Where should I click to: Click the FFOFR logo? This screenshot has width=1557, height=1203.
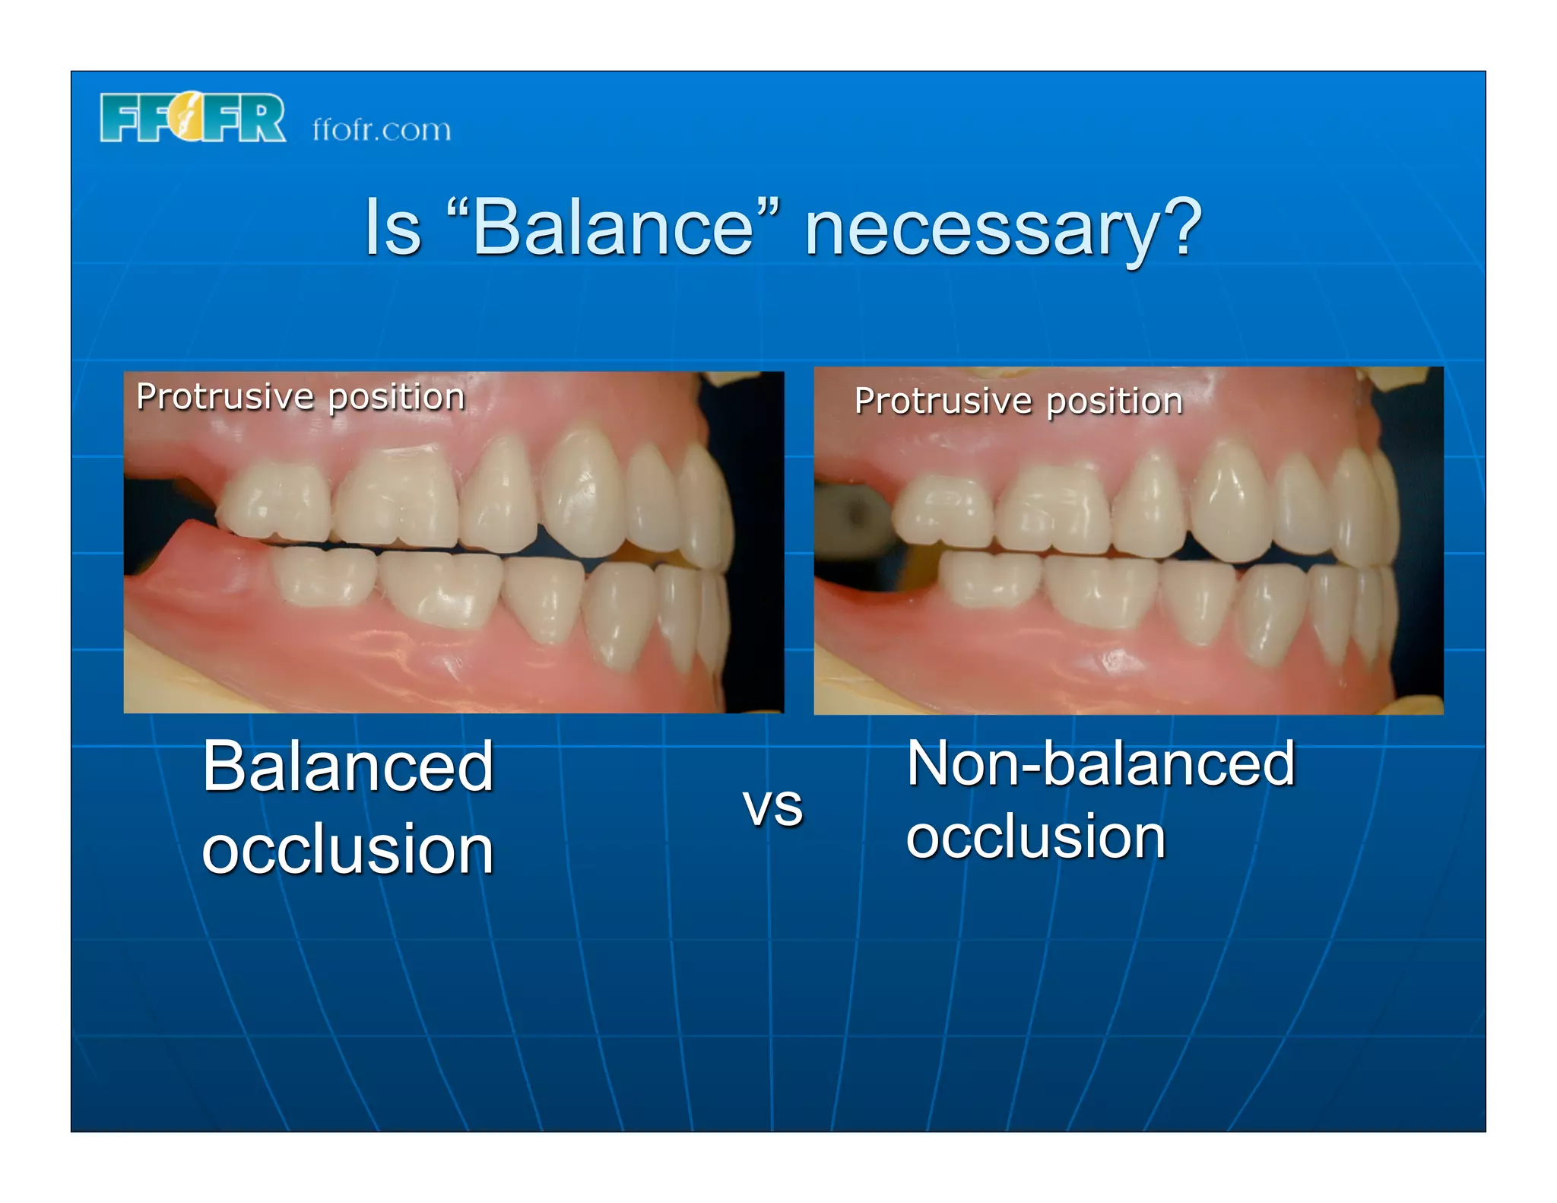coord(192,118)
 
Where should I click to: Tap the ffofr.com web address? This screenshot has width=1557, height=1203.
coord(381,129)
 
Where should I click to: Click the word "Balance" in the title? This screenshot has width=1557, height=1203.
coord(613,227)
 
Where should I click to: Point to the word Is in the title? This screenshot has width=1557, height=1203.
coord(392,227)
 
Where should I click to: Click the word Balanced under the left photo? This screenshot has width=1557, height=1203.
coord(348,767)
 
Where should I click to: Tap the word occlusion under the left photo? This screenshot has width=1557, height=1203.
coord(348,849)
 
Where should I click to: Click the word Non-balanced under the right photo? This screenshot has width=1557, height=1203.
coord(1099,763)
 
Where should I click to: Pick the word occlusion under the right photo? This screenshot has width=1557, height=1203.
coord(1035,836)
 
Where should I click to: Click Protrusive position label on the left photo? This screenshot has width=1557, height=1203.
coord(300,397)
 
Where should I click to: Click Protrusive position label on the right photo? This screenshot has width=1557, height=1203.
coord(1018,401)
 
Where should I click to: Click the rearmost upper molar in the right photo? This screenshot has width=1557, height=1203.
coord(943,509)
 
